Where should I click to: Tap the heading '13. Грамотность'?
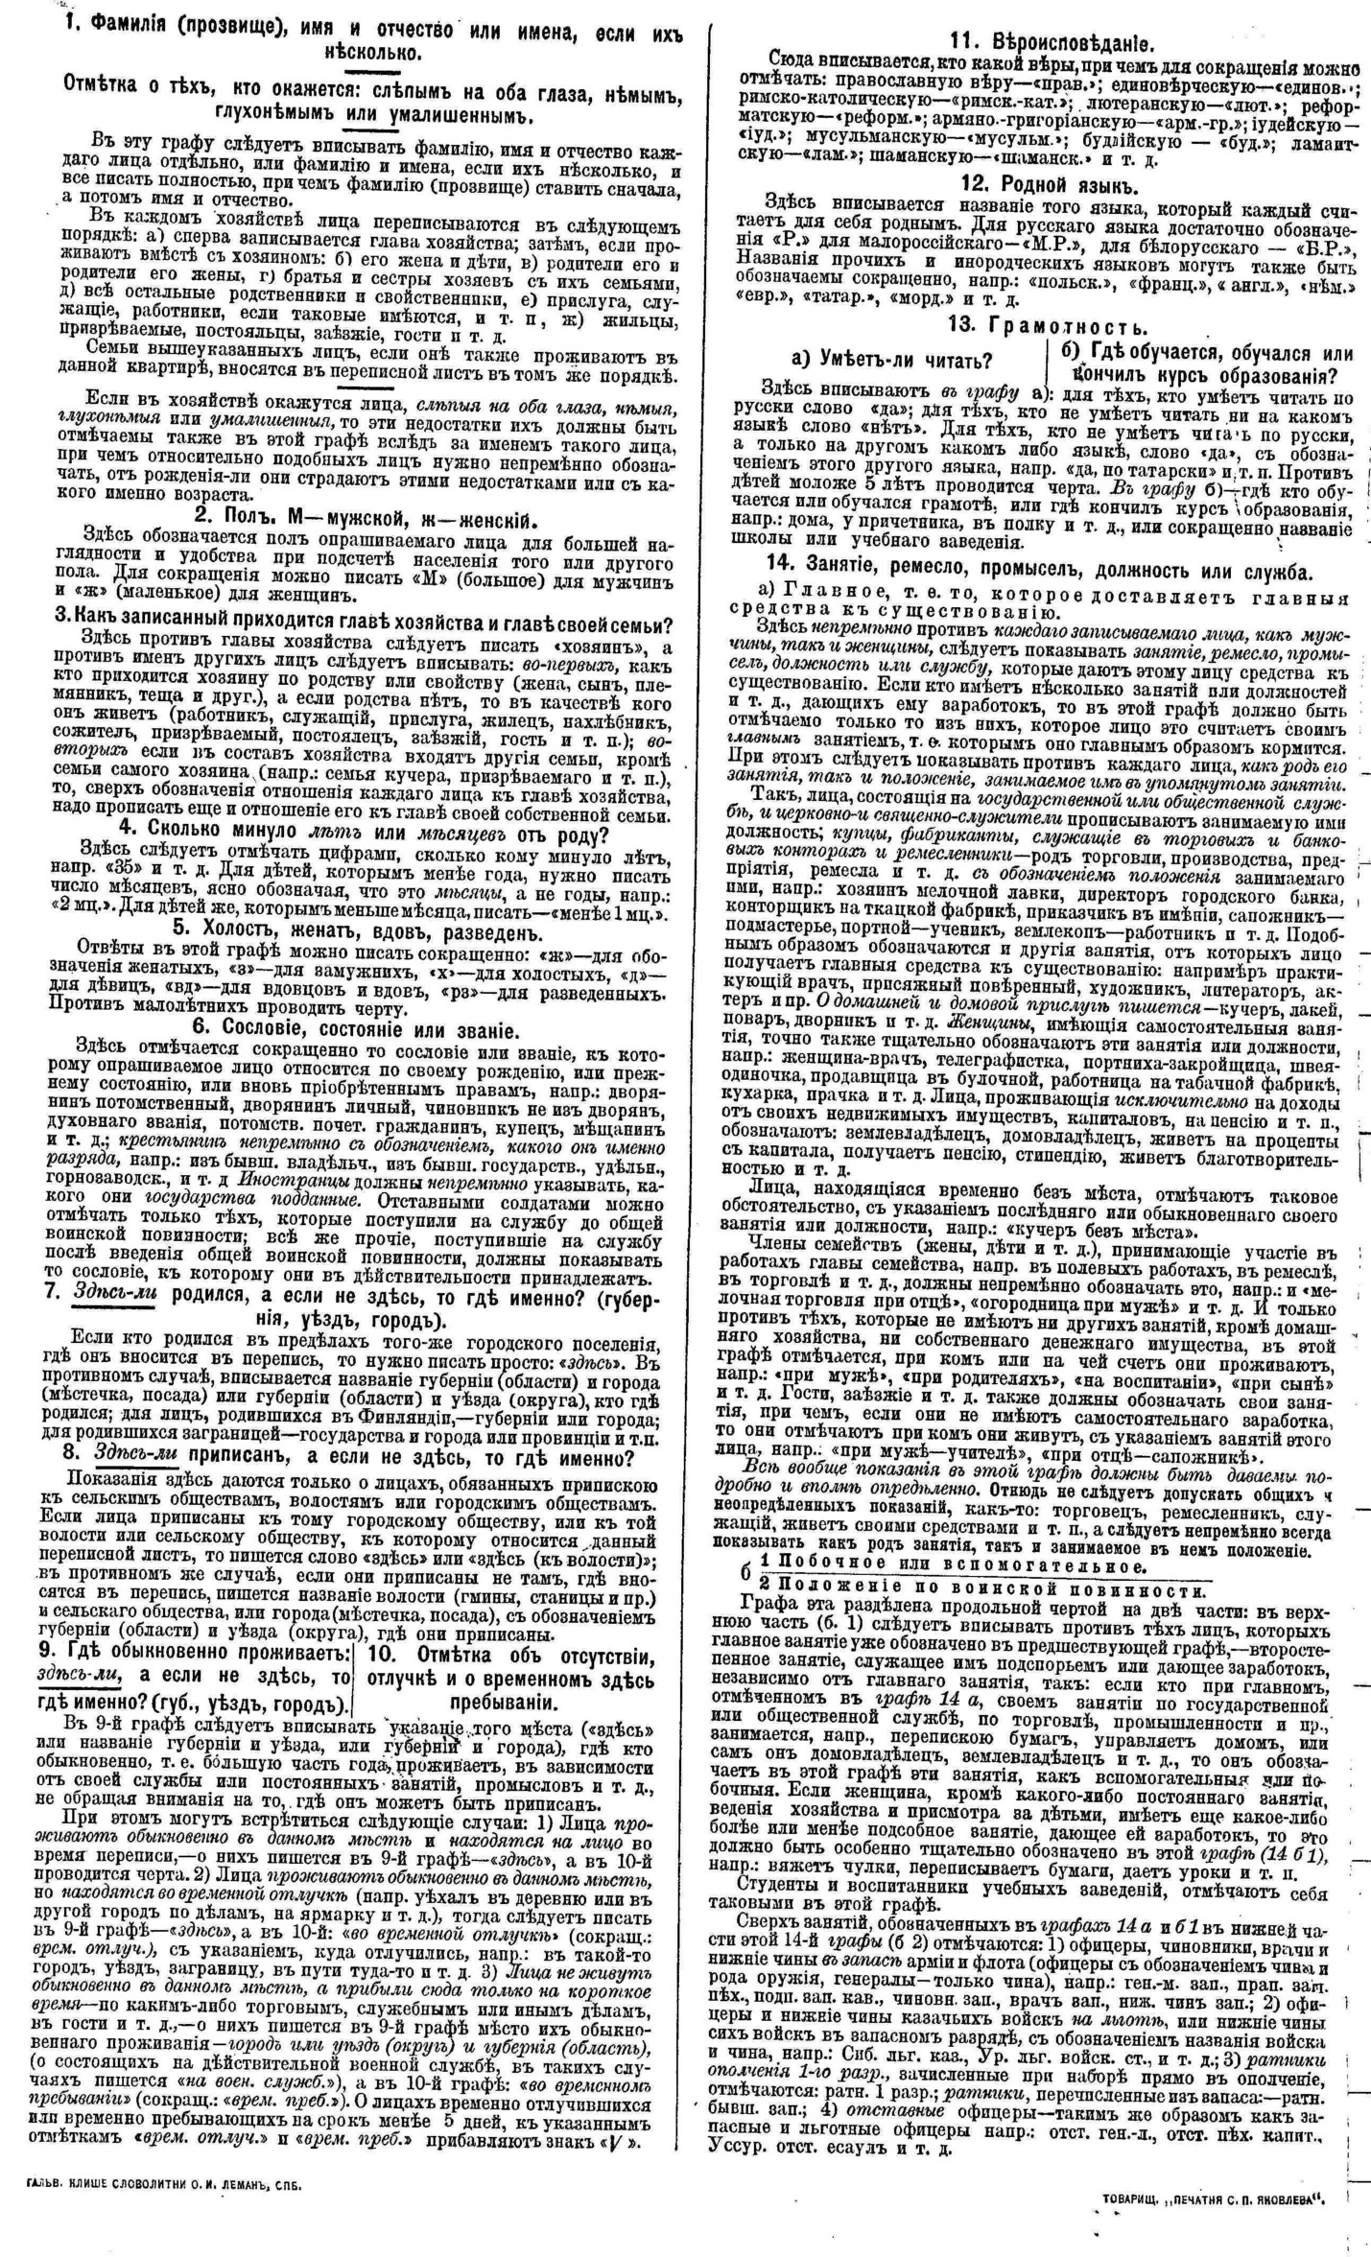(x=1048, y=325)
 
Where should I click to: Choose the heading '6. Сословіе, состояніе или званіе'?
(x=358, y=1030)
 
